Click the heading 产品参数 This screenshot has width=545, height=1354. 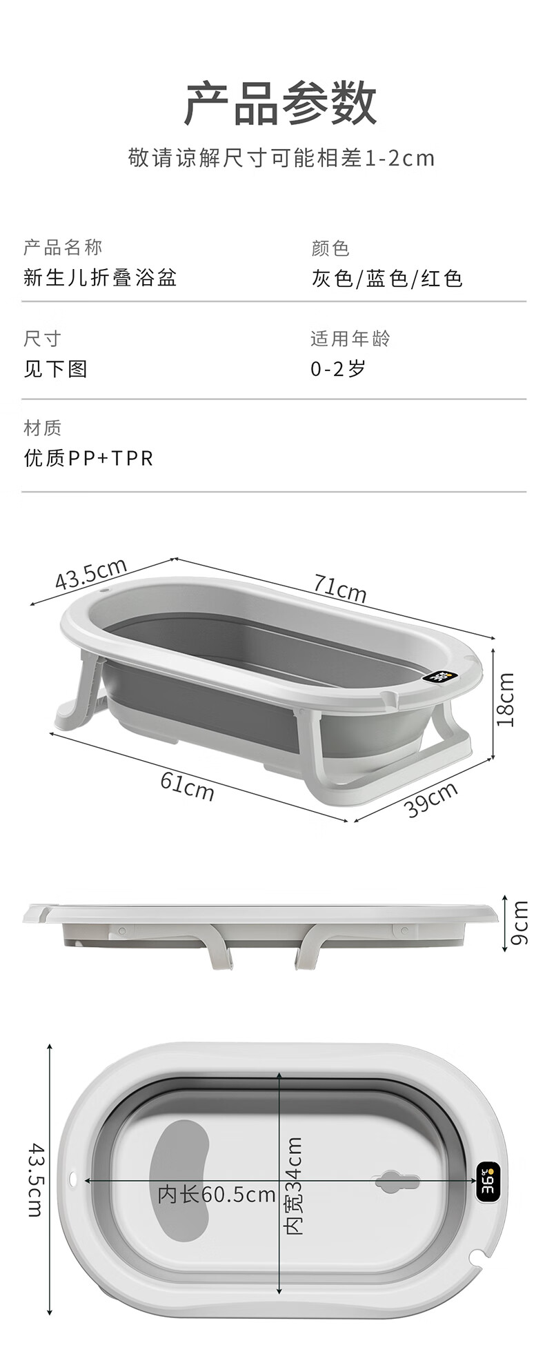coord(280,103)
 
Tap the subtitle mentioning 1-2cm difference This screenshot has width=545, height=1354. coord(281,158)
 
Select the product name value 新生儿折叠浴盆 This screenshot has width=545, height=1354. coord(100,277)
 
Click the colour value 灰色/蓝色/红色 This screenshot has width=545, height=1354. coord(386,279)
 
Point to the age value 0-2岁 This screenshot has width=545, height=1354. coord(337,369)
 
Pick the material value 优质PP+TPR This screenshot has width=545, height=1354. coord(88,458)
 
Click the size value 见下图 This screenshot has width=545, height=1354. coord(55,369)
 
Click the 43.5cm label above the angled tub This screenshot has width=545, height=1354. coord(91,573)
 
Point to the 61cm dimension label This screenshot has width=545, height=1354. coord(187,786)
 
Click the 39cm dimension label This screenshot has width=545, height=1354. coord(431,799)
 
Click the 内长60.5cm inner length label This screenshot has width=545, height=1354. coord(217,1195)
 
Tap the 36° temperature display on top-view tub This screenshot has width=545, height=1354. coord(488,1182)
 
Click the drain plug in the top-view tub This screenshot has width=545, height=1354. coord(397,1182)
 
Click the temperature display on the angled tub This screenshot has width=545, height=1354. coord(440,677)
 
